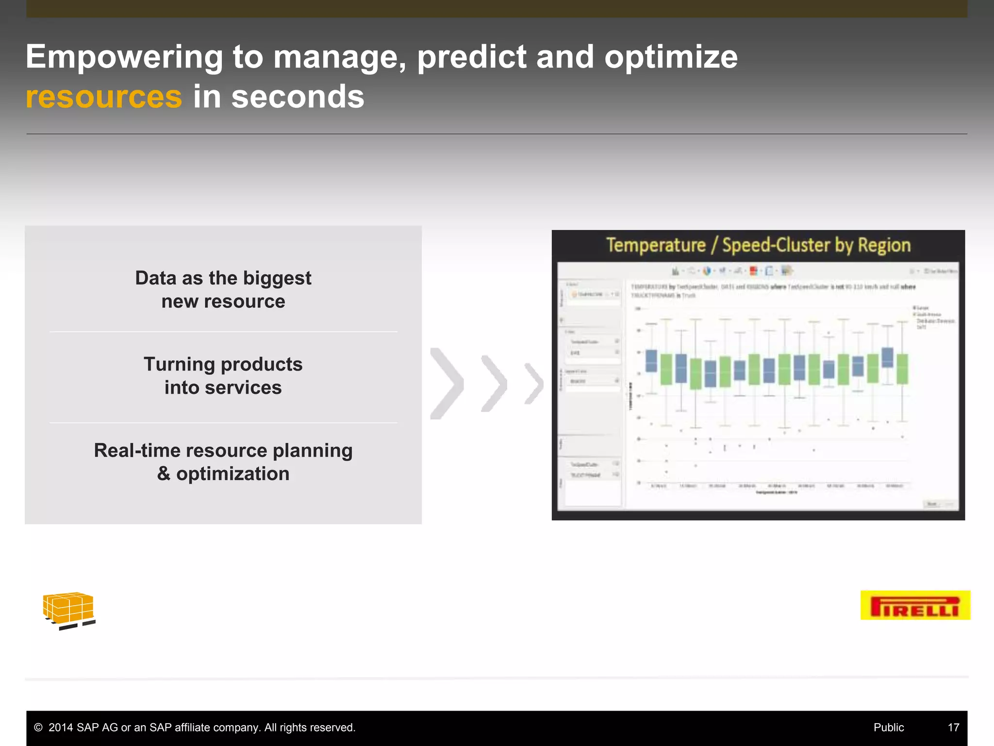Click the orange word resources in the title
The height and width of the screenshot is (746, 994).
(104, 97)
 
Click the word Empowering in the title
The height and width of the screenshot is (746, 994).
(124, 57)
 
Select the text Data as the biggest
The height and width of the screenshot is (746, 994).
(223, 278)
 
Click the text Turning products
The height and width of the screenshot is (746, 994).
(223, 364)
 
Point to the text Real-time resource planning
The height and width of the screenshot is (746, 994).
(223, 450)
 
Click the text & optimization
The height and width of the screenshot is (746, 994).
(223, 474)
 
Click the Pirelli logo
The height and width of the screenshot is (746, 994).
(915, 605)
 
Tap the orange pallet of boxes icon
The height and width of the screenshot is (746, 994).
(68, 610)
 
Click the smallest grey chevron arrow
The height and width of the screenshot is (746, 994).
(534, 384)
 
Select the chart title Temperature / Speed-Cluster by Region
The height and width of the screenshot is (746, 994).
(758, 245)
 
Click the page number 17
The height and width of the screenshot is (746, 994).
(953, 728)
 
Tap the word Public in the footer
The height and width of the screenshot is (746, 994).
(888, 728)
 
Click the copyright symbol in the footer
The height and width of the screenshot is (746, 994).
(38, 728)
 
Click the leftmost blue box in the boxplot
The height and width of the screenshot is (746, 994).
(651, 360)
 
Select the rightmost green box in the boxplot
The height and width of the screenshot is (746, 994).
(902, 369)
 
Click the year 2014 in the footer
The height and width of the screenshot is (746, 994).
(61, 728)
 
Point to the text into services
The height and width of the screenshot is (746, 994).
(223, 388)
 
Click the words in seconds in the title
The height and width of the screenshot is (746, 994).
(279, 97)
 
